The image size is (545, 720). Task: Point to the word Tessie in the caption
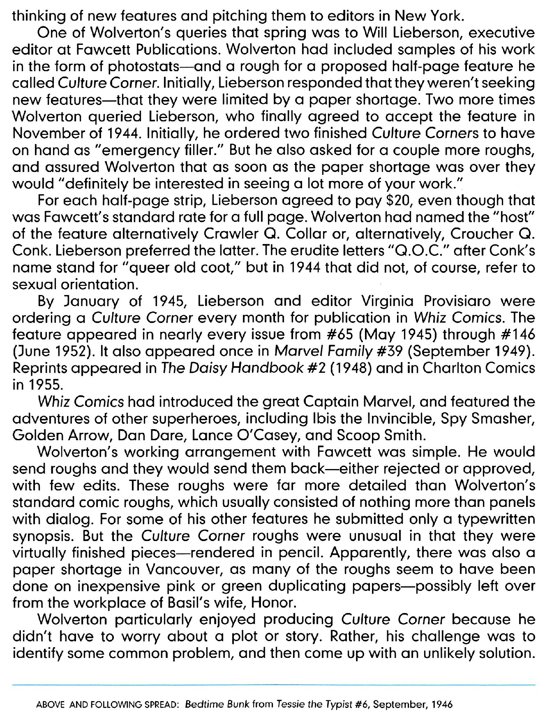click(293, 704)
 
